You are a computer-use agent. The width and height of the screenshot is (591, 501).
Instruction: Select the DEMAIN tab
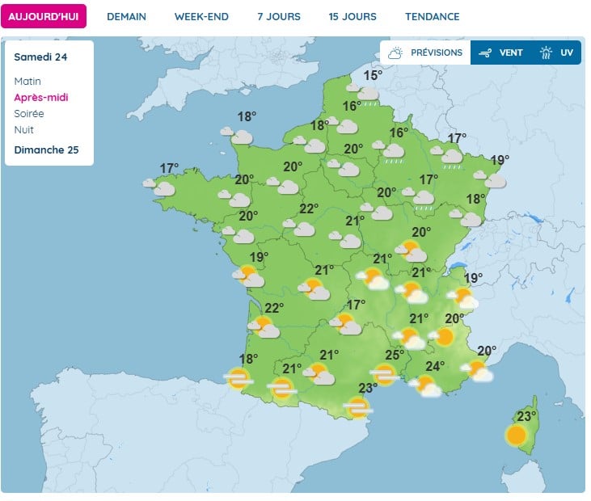[x=127, y=16]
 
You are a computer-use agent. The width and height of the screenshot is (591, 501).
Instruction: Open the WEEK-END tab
[x=201, y=16]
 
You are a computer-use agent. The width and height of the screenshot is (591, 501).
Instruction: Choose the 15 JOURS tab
[x=352, y=16]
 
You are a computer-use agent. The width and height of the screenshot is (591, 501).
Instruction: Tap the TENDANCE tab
[x=433, y=16]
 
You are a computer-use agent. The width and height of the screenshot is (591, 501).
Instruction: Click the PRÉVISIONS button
[x=425, y=53]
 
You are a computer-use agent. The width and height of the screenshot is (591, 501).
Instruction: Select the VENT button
[x=500, y=53]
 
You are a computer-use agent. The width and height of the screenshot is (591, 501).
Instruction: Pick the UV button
[x=557, y=53]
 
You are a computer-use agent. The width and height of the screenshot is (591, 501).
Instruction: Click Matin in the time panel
[x=27, y=82]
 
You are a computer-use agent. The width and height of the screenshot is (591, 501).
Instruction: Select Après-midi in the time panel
[x=41, y=98]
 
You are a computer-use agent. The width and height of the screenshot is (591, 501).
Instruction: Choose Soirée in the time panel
[x=29, y=114]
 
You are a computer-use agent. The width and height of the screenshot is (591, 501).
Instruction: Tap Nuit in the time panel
[x=24, y=130]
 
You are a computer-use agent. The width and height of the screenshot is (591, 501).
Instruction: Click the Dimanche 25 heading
[x=47, y=149]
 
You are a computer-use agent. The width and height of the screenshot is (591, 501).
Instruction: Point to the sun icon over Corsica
[x=516, y=436]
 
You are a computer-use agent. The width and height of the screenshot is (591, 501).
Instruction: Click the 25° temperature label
[x=395, y=355]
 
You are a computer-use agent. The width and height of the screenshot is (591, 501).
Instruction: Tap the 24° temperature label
[x=435, y=366]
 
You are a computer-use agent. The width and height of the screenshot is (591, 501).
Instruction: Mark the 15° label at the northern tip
[x=372, y=76]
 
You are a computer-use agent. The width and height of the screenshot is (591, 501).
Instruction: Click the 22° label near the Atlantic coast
[x=274, y=308]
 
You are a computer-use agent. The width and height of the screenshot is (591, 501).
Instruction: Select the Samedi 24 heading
[x=40, y=57]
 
